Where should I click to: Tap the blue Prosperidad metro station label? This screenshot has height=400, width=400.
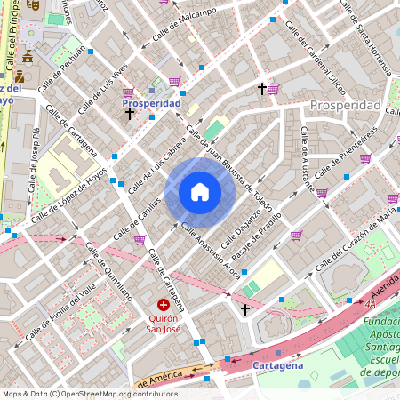[x=151, y=103]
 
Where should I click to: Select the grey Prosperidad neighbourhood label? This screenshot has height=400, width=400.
[x=345, y=106]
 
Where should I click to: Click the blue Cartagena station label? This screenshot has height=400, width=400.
[x=277, y=365]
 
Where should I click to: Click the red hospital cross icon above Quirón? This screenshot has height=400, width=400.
[x=164, y=305]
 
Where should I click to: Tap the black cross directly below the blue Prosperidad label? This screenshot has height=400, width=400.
[x=130, y=114]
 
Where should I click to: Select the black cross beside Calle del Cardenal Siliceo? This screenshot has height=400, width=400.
[x=262, y=89]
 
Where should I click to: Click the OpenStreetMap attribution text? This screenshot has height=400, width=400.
[x=89, y=394]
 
